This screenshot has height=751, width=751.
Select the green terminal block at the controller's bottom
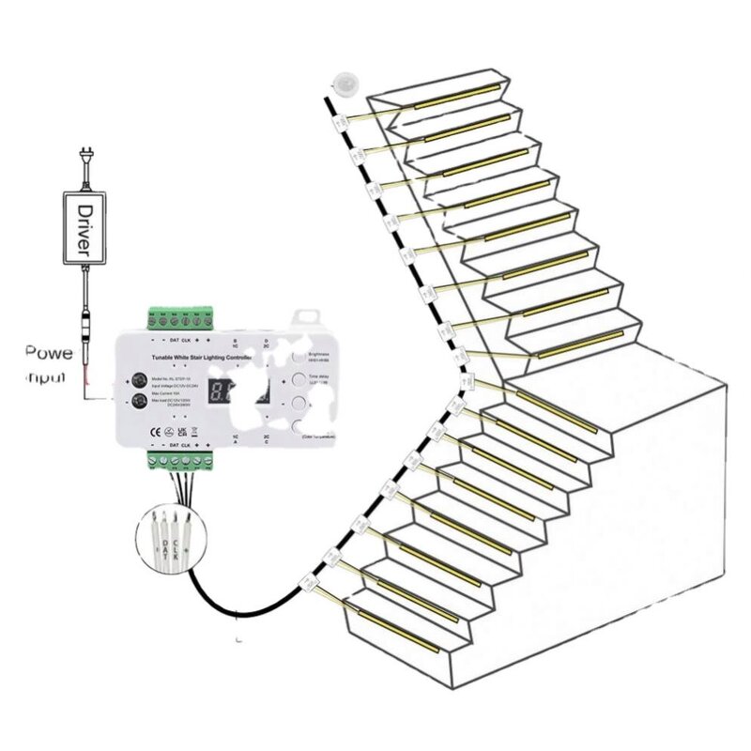[181, 460]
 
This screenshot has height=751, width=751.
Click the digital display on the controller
[224, 393]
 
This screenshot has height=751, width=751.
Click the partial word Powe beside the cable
[50, 354]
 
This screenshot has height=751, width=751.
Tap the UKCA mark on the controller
[167, 431]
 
